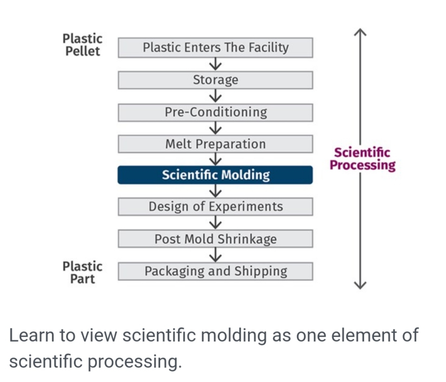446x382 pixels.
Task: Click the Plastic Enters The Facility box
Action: coord(215,48)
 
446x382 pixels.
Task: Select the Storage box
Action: coord(215,80)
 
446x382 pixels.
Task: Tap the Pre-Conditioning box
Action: coord(215,112)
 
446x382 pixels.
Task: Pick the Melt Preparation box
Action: coord(215,144)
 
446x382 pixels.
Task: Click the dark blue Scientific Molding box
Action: coord(215,175)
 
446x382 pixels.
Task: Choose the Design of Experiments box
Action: coord(215,206)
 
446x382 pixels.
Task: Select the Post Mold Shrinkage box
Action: coord(215,239)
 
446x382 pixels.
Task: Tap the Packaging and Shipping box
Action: coord(215,271)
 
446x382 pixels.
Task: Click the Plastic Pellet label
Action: coord(82,45)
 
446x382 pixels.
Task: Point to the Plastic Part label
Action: coord(82,272)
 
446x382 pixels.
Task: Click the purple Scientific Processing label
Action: coord(362,159)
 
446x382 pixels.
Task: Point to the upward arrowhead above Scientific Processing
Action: coord(361,32)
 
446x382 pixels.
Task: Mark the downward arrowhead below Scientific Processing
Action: coord(361,285)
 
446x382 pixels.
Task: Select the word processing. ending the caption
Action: coord(135,362)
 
